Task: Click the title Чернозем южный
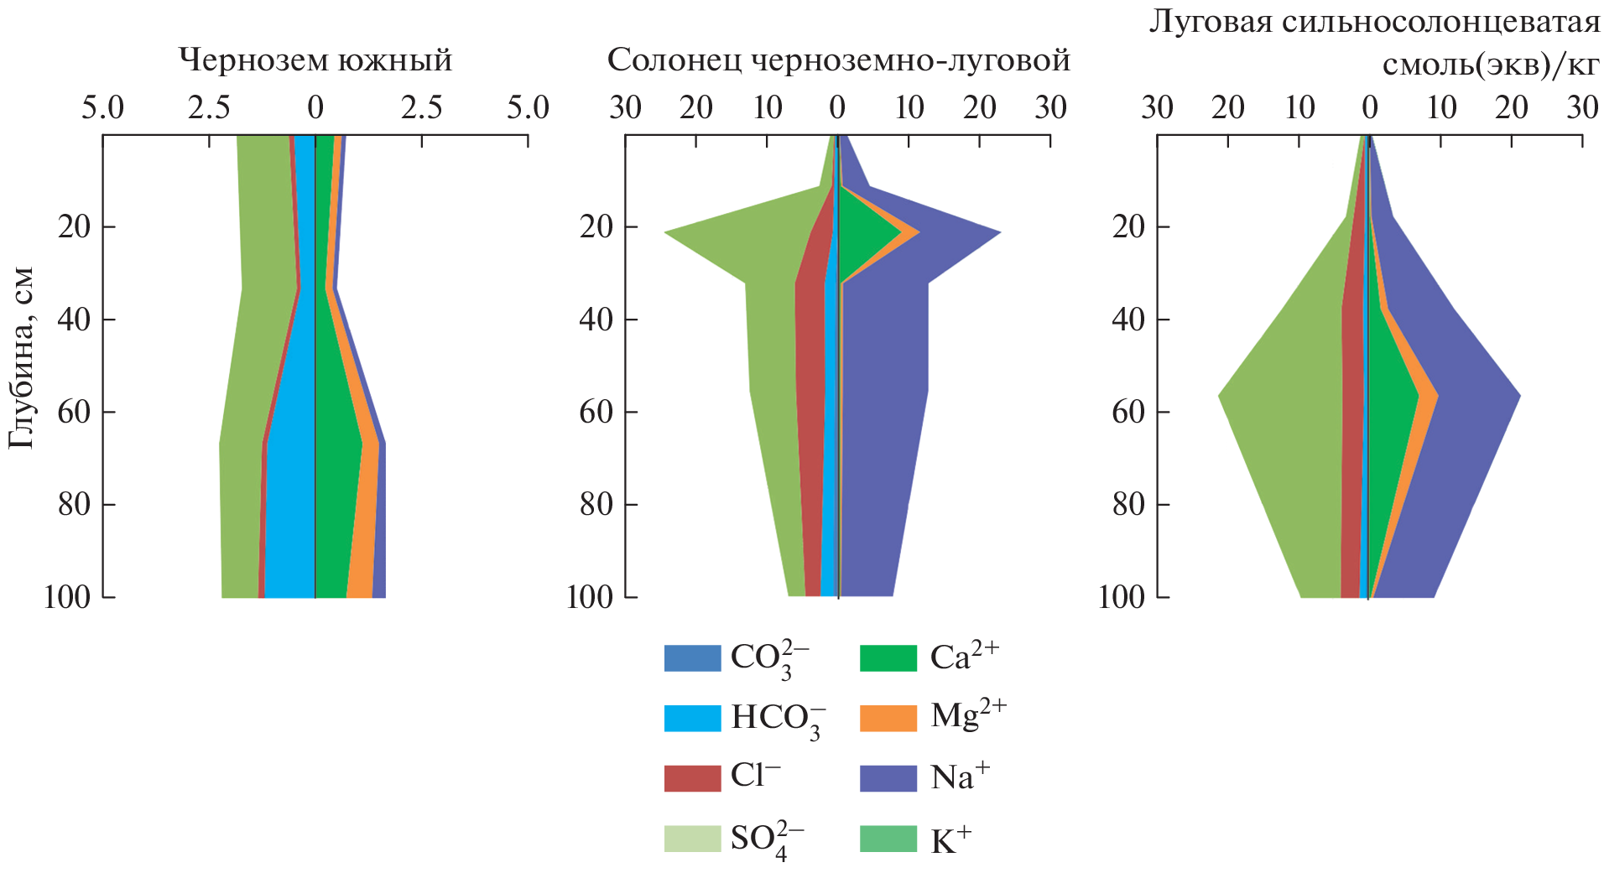(315, 60)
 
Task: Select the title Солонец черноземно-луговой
(838, 60)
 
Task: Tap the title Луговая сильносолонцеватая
(1374, 22)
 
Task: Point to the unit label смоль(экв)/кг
(1490, 64)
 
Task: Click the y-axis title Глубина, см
(22, 358)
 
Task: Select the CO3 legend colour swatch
(692, 658)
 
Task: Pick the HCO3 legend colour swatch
(692, 718)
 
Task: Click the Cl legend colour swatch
(692, 777)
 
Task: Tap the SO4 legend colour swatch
(692, 839)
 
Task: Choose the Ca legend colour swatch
(888, 658)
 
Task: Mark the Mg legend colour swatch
(888, 718)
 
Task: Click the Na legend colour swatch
(888, 777)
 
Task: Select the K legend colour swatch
(888, 839)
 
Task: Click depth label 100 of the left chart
(67, 597)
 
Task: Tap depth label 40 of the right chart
(1128, 320)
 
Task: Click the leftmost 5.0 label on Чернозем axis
(102, 108)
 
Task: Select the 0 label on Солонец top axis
(837, 108)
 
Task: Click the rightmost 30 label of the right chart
(1582, 108)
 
